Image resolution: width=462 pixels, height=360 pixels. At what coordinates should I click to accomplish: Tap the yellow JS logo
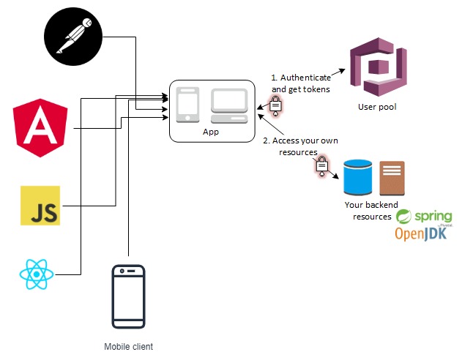point(40,206)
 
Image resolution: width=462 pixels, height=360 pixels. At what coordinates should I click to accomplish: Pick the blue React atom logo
point(37,275)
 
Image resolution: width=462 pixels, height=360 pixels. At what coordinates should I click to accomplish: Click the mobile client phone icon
point(128,296)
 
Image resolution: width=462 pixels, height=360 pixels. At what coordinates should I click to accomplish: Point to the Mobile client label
point(128,346)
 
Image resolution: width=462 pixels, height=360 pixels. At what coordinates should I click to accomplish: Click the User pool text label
point(377,107)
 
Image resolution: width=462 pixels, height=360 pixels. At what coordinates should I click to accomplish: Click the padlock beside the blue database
point(321,167)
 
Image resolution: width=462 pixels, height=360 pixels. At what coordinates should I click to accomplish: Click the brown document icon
point(392,178)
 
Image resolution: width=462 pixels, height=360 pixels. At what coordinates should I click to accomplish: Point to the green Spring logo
point(420,217)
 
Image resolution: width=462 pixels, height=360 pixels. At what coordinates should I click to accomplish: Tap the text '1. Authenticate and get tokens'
point(300,83)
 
